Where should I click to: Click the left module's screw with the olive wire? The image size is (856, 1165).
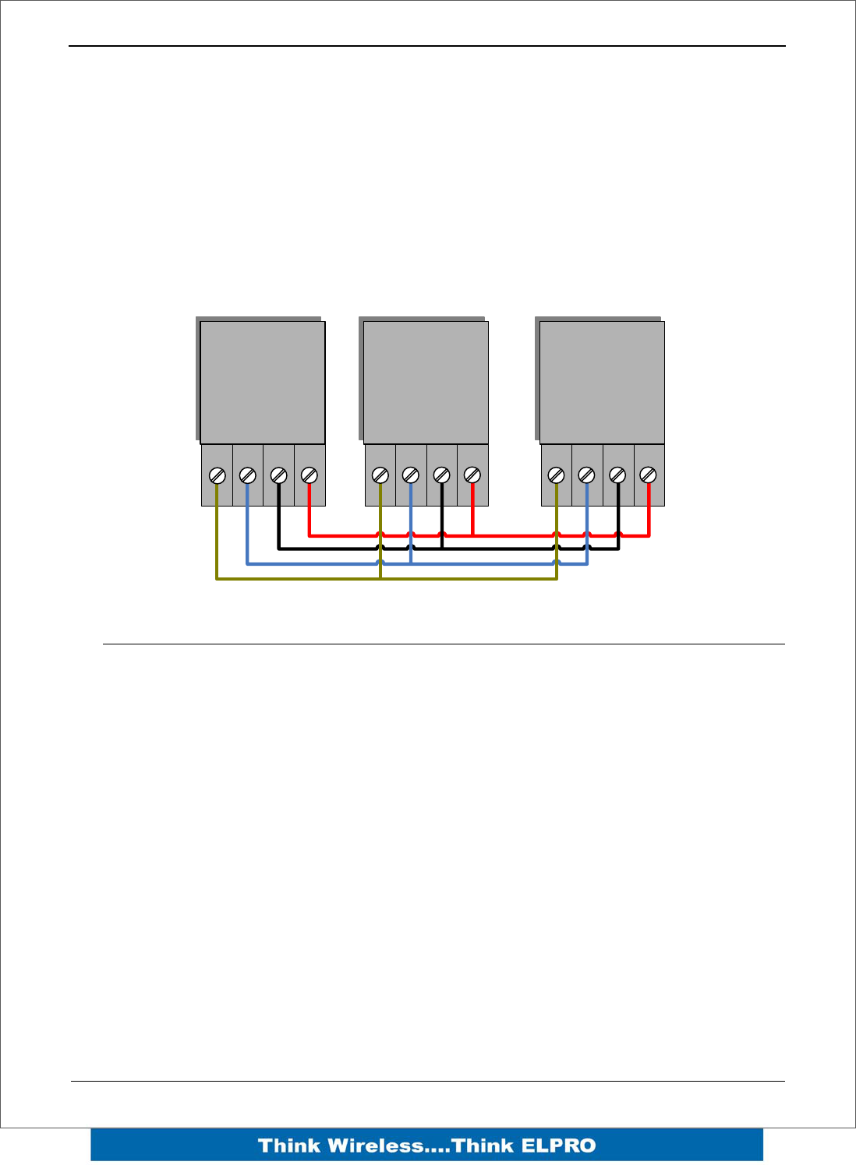[x=218, y=475]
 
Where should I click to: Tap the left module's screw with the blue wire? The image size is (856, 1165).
[x=247, y=475]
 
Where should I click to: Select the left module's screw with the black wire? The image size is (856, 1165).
[x=278, y=475]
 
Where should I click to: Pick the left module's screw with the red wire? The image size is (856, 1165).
[x=309, y=475]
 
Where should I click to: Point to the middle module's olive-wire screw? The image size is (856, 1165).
[x=380, y=475]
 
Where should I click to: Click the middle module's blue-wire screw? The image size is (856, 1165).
[x=411, y=475]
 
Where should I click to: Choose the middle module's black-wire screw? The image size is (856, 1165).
[x=441, y=475]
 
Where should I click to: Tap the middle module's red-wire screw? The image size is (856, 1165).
[x=472, y=475]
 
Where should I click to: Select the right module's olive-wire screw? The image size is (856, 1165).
[x=557, y=475]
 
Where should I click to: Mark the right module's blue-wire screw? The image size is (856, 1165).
[x=587, y=475]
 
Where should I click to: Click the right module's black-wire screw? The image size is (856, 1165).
[x=617, y=475]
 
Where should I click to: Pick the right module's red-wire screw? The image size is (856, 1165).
[x=648, y=475]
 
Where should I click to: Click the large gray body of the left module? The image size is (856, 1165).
[x=263, y=383]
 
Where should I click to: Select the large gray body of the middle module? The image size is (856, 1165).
[x=426, y=383]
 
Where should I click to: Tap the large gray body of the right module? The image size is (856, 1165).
[x=602, y=383]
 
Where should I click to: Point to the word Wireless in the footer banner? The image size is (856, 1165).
[x=376, y=1146]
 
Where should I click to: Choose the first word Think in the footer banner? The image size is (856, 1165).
[x=289, y=1146]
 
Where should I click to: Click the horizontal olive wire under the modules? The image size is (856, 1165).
[x=468, y=579]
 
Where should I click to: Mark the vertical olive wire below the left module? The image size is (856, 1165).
[x=217, y=538]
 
